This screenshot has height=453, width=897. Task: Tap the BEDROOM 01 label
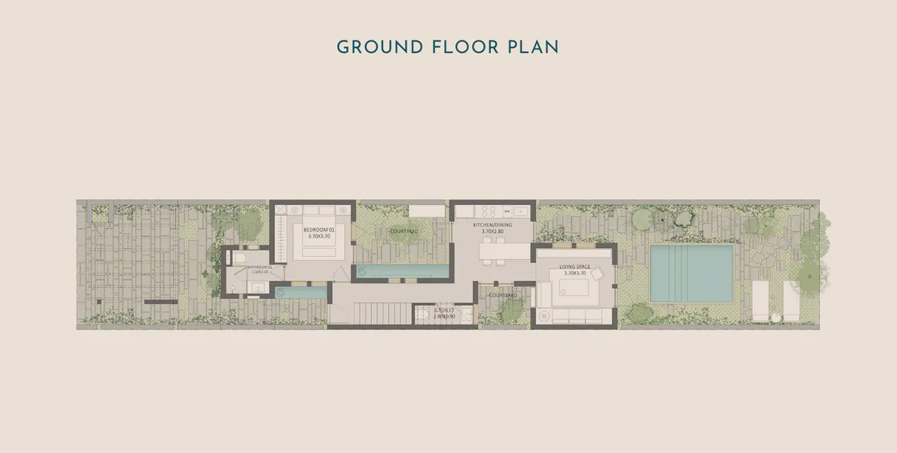click(319, 230)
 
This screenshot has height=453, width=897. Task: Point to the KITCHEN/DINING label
click(492, 225)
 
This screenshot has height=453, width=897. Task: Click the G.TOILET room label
click(444, 310)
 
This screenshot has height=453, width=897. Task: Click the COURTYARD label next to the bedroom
click(404, 231)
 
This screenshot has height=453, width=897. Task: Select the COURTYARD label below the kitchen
click(503, 295)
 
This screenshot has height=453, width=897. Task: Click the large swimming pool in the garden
click(691, 273)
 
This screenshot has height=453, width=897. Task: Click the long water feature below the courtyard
click(403, 272)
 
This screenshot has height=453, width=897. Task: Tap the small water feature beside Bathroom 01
click(301, 292)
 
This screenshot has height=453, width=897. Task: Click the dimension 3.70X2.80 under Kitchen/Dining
click(492, 232)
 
